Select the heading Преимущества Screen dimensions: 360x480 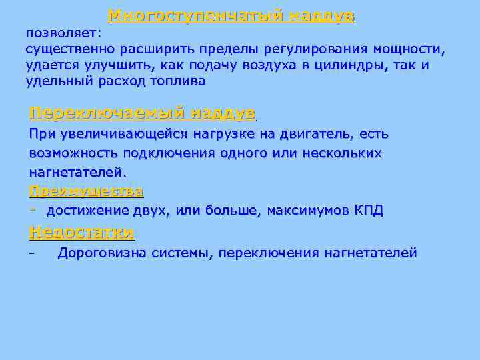point(86,191)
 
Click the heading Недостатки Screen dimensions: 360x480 point(81,232)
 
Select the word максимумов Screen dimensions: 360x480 point(305,211)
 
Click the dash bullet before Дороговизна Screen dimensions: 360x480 point(31,253)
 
